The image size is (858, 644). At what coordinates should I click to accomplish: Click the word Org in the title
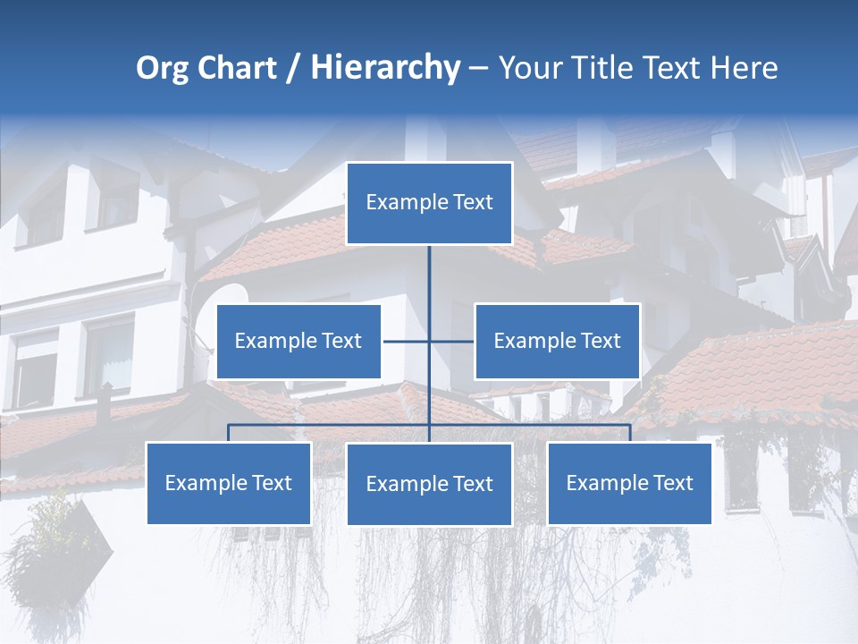pyautogui.click(x=162, y=68)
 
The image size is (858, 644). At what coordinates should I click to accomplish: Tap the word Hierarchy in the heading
pyautogui.click(x=385, y=68)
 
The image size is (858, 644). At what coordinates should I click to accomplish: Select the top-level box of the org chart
pyautogui.click(x=430, y=203)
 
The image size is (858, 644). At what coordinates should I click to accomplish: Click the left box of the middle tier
pyautogui.click(x=299, y=341)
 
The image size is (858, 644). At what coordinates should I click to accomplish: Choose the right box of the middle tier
pyautogui.click(x=557, y=341)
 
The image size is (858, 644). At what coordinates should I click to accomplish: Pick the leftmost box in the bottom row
pyautogui.click(x=229, y=483)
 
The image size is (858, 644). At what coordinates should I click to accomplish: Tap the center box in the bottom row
pyautogui.click(x=430, y=484)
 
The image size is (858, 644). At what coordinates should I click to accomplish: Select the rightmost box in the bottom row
pyautogui.click(x=630, y=483)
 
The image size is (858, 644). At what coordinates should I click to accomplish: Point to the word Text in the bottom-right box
pyautogui.click(x=672, y=483)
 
